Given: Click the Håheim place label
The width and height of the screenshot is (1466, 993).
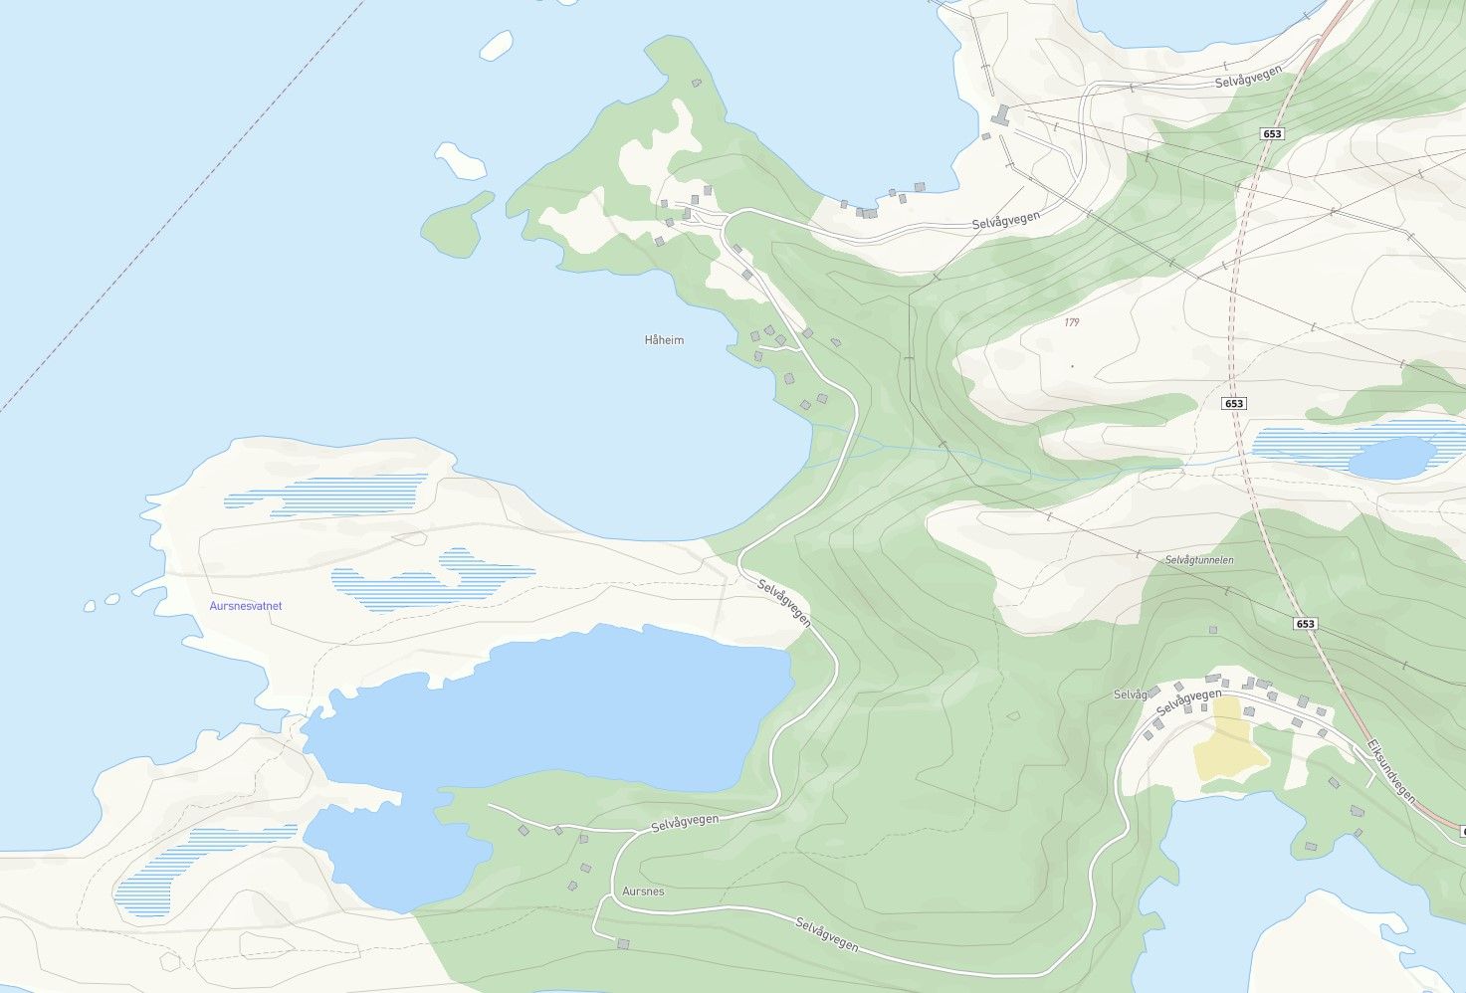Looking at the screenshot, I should tap(664, 340).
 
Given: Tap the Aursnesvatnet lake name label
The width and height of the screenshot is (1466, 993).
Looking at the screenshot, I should tap(246, 606).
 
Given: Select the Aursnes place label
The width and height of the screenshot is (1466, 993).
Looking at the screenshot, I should tap(643, 892).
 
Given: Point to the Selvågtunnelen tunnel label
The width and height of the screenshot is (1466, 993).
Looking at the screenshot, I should tap(1199, 560).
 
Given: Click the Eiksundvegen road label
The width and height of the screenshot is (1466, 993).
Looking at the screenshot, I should tap(1390, 770).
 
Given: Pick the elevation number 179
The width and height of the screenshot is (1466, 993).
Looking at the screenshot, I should tap(1071, 322).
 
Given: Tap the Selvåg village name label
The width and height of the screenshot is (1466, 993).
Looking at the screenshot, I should tap(1131, 695).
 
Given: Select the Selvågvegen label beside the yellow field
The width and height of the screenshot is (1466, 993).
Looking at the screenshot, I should tap(1189, 702).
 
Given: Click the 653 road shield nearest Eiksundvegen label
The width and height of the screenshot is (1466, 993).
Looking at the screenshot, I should tap(1305, 624).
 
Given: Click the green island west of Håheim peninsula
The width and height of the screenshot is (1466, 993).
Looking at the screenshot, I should tap(454, 225).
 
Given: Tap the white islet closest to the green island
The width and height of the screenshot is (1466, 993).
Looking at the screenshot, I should tap(461, 159).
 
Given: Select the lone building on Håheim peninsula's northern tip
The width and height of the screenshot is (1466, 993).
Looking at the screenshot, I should tap(696, 83).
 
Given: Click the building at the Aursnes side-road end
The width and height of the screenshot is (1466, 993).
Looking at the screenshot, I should tap(624, 943).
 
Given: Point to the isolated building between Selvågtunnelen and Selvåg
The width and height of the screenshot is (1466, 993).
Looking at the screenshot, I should tap(1212, 630).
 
